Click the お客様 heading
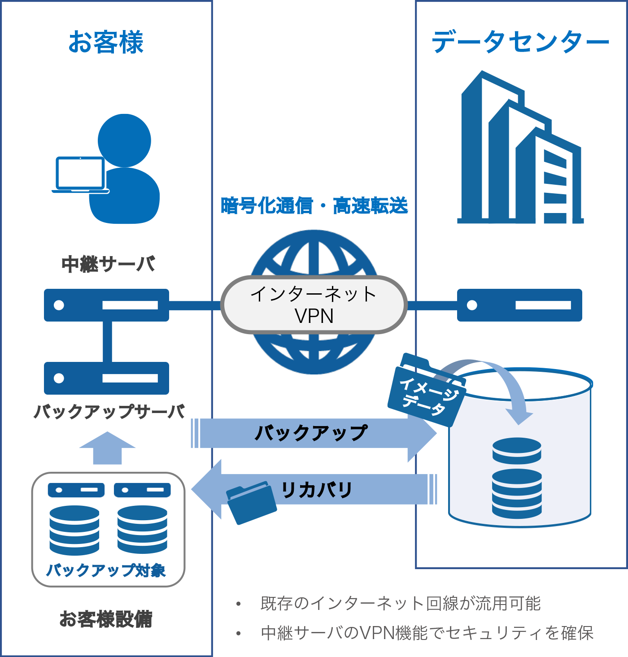point(106,42)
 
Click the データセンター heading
point(520,42)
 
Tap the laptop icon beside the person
point(80,174)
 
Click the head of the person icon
point(124,140)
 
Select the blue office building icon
point(520,148)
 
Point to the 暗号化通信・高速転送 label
point(314,206)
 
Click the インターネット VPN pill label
point(314,305)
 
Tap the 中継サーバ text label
point(108,264)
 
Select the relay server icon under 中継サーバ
point(106,305)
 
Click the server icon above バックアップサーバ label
point(106,378)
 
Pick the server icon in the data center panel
point(519,305)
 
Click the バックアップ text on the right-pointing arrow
point(311,433)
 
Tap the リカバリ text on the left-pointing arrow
point(317,490)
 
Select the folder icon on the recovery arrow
point(251,502)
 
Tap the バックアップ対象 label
point(106,570)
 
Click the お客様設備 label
point(106,619)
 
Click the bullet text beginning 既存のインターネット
point(400,604)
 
